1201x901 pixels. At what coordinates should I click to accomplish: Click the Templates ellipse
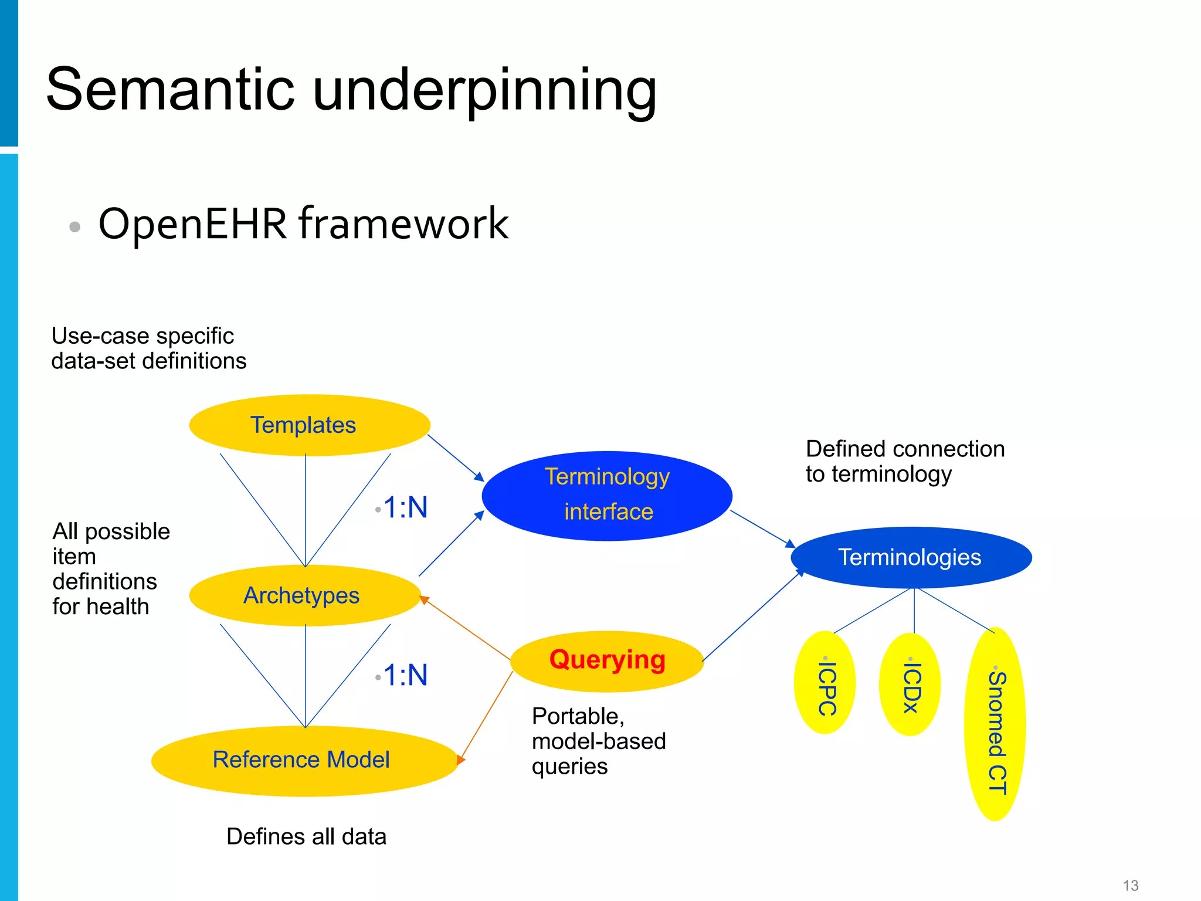tap(310, 425)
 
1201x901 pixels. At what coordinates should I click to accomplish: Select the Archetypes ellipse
tap(305, 595)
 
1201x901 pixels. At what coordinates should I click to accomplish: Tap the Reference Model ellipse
tap(304, 760)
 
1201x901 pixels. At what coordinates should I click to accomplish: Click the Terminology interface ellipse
tap(607, 495)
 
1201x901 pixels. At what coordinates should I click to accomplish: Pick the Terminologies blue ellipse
tap(911, 557)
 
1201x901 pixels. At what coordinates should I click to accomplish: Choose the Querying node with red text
tap(607, 661)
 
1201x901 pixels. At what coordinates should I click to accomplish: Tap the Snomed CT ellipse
tap(995, 724)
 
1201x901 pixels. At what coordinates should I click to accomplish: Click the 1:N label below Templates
tap(405, 507)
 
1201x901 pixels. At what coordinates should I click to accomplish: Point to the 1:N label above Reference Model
tap(405, 675)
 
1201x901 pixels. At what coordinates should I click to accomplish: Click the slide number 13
tap(1130, 885)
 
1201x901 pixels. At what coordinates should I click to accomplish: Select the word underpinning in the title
tap(484, 91)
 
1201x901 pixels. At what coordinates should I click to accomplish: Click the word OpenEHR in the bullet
tap(192, 224)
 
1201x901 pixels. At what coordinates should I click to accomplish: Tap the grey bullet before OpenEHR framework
tap(74, 226)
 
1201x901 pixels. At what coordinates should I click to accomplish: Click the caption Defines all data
tap(306, 836)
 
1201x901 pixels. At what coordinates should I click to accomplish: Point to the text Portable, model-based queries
tap(598, 741)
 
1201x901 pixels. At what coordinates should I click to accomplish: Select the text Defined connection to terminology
tap(905, 462)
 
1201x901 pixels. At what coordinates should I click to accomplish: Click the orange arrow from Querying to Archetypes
tap(466, 628)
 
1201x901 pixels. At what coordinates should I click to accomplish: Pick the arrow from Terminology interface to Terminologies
tap(762, 529)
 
